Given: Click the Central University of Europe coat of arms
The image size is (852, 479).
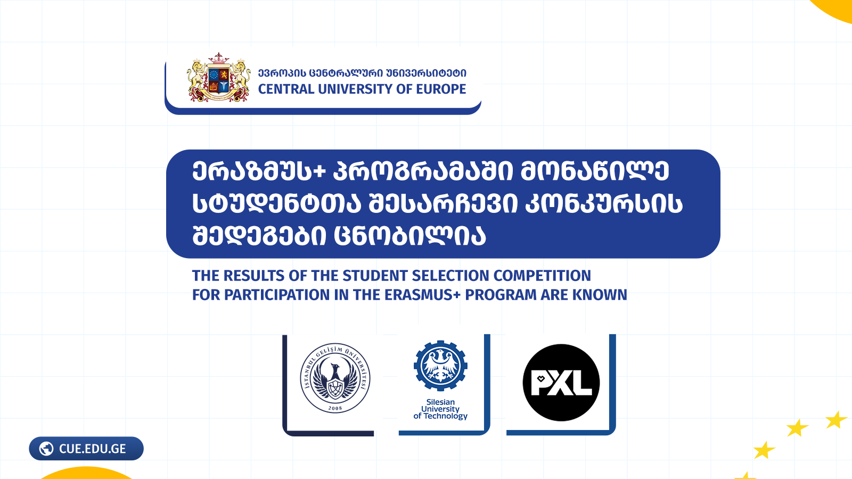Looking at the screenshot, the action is coord(219,78).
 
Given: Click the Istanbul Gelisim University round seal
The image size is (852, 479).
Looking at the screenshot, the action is coord(335,378).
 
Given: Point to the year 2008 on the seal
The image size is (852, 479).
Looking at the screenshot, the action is coord(335,408).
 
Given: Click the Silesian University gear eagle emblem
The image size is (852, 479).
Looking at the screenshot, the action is coord(440,366).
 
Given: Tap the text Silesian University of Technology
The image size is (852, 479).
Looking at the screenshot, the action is coord(440,409).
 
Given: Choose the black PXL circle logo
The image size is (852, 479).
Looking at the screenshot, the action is coord(561,383).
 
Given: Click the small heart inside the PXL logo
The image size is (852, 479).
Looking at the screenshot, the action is coord(541,378).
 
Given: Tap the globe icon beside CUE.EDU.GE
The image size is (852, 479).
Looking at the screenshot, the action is coord(46,449).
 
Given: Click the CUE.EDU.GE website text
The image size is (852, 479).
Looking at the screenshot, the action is coord(93,449).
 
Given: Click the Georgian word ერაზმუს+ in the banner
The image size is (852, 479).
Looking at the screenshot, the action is coord(259,172).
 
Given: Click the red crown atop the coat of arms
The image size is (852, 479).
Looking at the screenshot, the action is coord(218,59).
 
